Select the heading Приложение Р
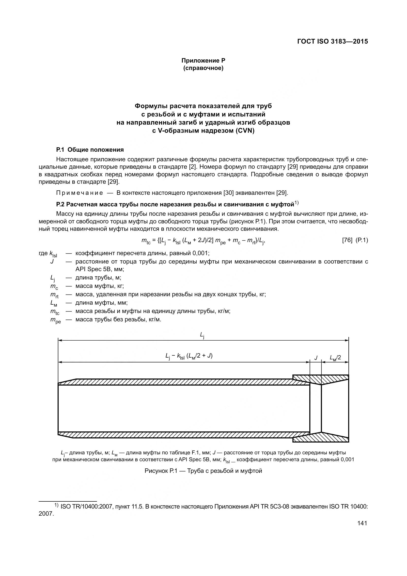tap(203, 61)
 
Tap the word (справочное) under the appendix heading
tap(203, 68)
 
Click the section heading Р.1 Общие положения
tap(90, 150)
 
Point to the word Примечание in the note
tap(79, 193)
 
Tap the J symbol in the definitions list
tap(52, 262)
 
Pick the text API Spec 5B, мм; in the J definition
tap(100, 269)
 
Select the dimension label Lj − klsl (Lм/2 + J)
tap(189, 356)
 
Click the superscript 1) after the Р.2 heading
tap(297, 203)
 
